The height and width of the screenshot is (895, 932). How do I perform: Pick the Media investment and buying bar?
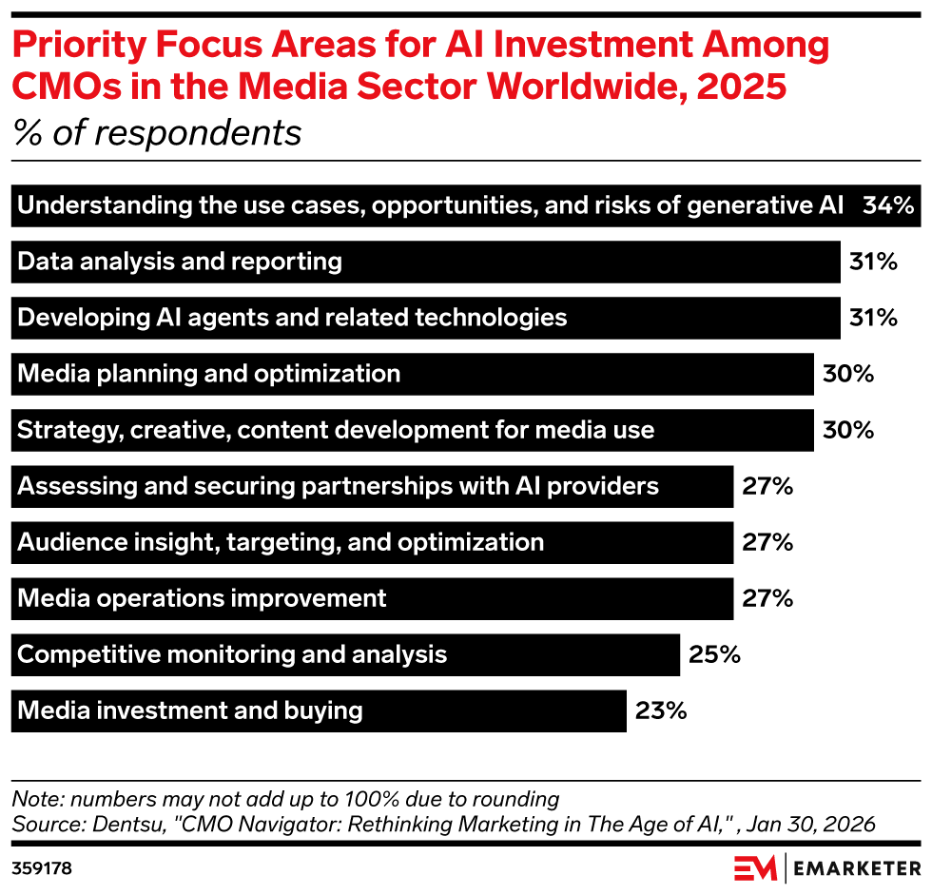(319, 710)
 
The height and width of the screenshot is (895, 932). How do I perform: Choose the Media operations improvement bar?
(372, 598)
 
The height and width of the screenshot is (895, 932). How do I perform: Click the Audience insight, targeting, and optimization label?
(281, 542)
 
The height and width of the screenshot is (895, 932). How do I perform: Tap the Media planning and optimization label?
(209, 374)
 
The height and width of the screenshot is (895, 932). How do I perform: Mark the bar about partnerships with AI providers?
(372, 486)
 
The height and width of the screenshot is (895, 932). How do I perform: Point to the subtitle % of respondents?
(157, 132)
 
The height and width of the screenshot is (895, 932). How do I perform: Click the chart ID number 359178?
(42, 868)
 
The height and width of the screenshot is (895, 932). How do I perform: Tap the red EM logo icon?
(754, 868)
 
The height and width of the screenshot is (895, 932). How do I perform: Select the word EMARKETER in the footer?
(858, 868)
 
